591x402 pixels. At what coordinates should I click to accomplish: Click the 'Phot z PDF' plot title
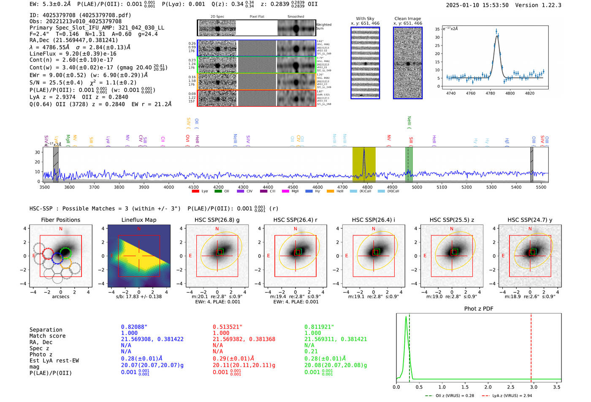coord(479,309)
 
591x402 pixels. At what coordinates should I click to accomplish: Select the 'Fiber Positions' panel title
coord(60,220)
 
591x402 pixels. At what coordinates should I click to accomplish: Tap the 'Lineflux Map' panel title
coord(139,220)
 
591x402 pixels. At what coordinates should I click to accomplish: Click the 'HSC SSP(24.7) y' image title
coord(530,220)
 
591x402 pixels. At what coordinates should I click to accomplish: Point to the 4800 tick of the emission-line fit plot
coord(510,93)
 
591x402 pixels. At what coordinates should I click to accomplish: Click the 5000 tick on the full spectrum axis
coord(417,187)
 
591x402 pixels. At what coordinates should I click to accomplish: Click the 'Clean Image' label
coord(407,19)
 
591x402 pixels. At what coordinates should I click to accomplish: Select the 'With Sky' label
coord(365,19)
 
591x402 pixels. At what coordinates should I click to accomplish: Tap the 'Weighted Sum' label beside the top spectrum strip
coord(324,26)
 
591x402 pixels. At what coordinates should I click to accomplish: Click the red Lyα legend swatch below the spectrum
coord(195,192)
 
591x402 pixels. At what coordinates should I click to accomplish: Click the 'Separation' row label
coord(46,330)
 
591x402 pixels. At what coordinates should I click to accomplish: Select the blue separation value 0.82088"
coord(134,327)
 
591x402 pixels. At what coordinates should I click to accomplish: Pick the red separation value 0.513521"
coord(227,327)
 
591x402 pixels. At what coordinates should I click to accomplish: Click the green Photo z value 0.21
coord(311,351)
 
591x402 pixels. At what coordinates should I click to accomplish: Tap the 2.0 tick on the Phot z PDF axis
coord(488,387)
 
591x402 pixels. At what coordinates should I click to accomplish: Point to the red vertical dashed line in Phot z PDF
coord(531,346)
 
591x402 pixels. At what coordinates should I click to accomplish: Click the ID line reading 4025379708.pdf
coord(80,15)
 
